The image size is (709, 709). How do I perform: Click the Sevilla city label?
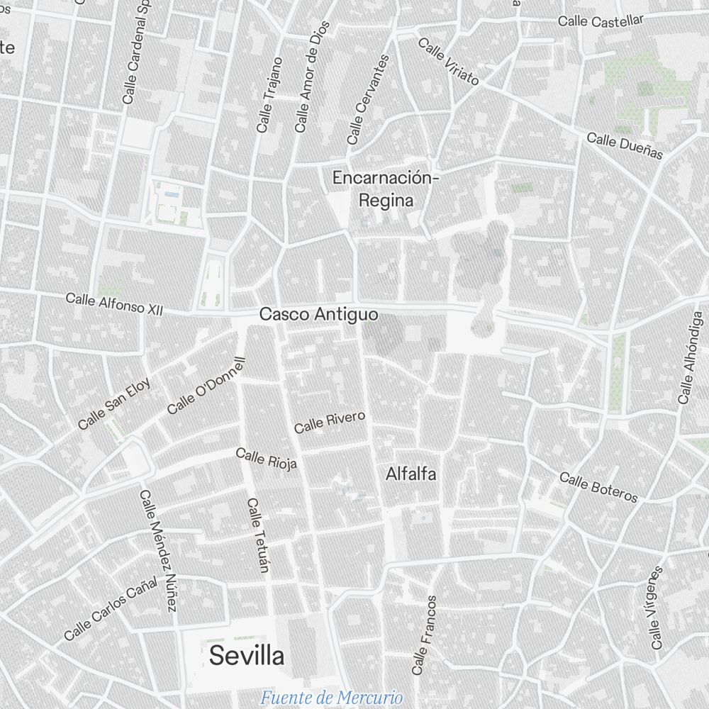(x=246, y=656)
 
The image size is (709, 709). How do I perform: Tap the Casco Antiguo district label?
(x=318, y=314)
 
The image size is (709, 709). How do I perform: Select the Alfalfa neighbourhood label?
(x=411, y=474)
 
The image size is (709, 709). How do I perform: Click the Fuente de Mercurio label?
(x=331, y=698)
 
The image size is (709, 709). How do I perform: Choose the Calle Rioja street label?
(x=266, y=459)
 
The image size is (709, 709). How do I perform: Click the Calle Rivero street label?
(x=330, y=422)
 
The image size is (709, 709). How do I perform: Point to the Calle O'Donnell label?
(x=206, y=386)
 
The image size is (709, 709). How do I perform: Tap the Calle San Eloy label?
(x=114, y=403)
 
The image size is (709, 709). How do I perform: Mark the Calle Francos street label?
(x=424, y=635)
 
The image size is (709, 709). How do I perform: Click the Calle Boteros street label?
(x=598, y=487)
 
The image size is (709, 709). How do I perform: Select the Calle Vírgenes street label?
(x=657, y=608)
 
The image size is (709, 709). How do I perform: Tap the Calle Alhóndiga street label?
(x=689, y=358)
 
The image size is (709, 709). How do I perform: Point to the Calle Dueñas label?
(x=625, y=145)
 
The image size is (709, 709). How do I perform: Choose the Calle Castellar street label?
(x=601, y=21)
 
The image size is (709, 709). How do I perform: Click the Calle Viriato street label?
(x=449, y=61)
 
